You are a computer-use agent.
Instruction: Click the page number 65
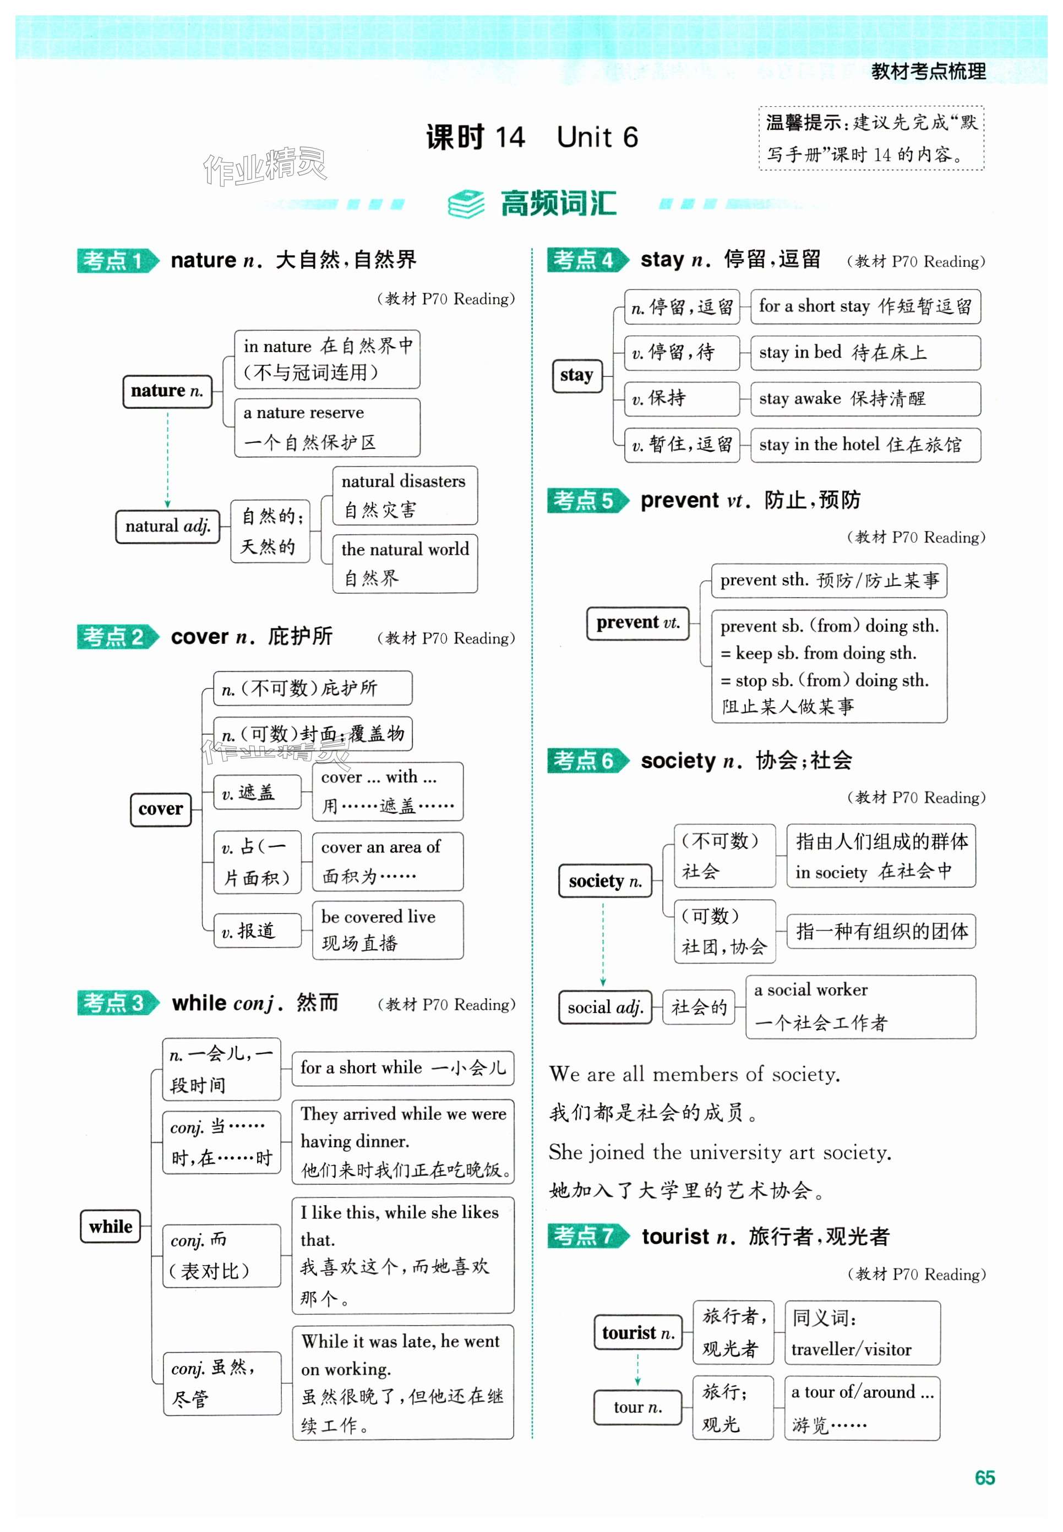pos(984,1478)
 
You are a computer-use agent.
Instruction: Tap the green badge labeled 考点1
pos(117,260)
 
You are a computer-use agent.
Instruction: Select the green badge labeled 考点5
pos(587,500)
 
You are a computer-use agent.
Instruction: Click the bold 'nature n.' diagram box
pos(167,391)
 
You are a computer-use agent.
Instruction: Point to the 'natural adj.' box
pos(167,527)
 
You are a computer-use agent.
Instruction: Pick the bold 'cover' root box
pos(161,809)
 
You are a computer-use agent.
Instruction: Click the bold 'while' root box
pos(111,1227)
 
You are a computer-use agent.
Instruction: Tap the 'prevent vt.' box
pos(637,622)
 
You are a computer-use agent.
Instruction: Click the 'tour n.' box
pos(637,1407)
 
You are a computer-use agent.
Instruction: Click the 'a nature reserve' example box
pos(327,428)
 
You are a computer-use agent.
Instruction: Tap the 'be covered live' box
pos(388,929)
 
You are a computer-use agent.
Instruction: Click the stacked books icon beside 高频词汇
pos(466,204)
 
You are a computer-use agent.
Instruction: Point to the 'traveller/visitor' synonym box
pos(862,1333)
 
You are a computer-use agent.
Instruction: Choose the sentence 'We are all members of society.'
pos(694,1074)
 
